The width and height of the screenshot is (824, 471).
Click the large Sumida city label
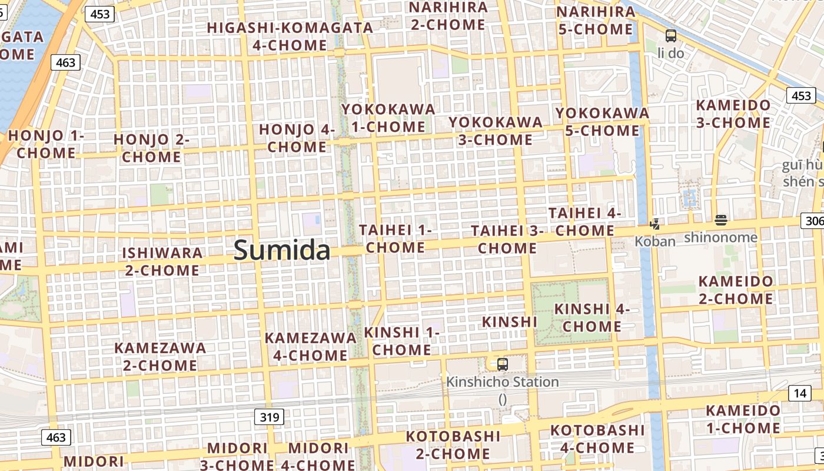pos(282,250)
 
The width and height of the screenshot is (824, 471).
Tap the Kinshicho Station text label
pos(502,382)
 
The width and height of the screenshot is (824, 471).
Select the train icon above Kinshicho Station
pos(502,364)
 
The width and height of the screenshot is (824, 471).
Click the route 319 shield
pos(270,417)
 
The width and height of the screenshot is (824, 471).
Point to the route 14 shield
pos(799,393)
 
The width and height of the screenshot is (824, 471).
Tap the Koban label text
pos(654,241)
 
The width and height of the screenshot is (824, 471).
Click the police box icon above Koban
pos(654,224)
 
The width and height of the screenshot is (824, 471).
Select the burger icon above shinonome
pos(721,221)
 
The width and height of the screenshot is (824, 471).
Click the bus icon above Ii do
pos(670,36)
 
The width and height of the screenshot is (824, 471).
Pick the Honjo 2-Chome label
pos(151,148)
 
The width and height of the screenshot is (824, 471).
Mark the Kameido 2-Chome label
pos(735,290)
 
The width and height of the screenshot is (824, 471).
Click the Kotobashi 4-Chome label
pos(597,439)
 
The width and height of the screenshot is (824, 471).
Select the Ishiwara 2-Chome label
pos(162,261)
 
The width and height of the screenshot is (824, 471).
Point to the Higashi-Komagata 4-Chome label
pos(290,36)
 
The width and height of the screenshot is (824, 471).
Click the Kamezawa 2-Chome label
pos(160,356)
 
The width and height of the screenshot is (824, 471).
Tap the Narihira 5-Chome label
pos(595,21)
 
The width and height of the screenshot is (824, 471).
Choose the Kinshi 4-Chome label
pos(592,317)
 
